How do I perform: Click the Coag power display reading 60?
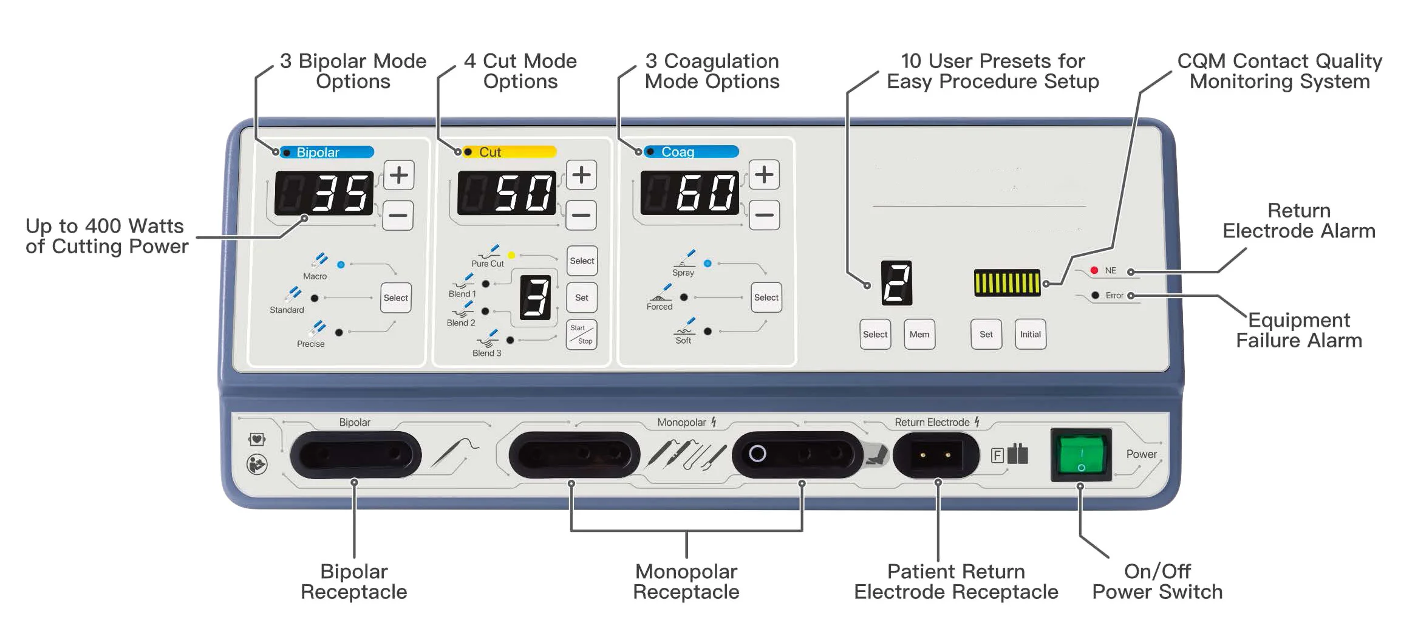pos(689,193)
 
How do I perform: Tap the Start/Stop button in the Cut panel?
pos(581,335)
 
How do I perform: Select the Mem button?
pos(919,334)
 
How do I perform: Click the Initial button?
pos(1030,334)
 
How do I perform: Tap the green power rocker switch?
pos(1081,454)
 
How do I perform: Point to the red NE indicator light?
pos(1094,270)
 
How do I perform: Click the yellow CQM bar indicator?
pos(1007,283)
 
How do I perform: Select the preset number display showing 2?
pos(896,283)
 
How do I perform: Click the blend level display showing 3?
pos(535,297)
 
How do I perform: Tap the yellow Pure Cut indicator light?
pos(511,255)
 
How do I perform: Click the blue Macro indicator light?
pos(341,265)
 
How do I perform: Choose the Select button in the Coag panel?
pos(766,297)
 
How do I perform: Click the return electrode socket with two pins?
pos(935,455)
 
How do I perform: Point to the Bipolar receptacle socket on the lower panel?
pos(355,454)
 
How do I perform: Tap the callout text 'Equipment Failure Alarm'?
pos(1298,330)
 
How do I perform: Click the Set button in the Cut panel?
pos(581,298)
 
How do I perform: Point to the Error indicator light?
pos(1095,295)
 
